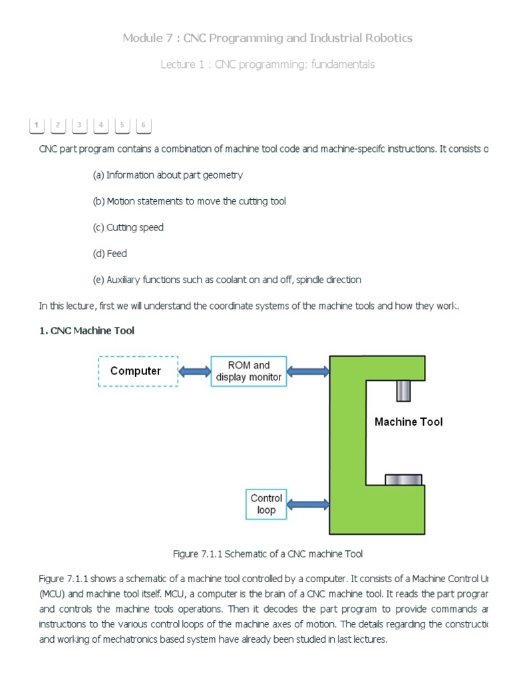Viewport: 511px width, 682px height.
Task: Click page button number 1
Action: pyautogui.click(x=36, y=125)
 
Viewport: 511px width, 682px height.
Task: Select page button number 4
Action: pyautogui.click(x=100, y=125)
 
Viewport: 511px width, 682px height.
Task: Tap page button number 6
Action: pyautogui.click(x=143, y=125)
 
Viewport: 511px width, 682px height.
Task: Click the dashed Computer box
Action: pyautogui.click(x=138, y=371)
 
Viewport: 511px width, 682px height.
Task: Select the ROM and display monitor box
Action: pyautogui.click(x=249, y=371)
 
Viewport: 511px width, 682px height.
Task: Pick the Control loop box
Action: pyautogui.click(x=266, y=504)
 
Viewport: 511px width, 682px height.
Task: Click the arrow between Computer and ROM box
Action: pyautogui.click(x=194, y=371)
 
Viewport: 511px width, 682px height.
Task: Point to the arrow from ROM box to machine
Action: pyautogui.click(x=307, y=371)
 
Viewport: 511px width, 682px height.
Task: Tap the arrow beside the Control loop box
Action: pyautogui.click(x=307, y=504)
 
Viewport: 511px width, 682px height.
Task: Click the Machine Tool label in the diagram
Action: pyautogui.click(x=408, y=422)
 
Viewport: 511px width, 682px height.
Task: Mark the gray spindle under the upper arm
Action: pyautogui.click(x=403, y=390)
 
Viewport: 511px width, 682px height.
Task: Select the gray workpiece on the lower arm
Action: pyautogui.click(x=403, y=479)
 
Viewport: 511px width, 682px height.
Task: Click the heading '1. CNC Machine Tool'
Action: pyautogui.click(x=86, y=331)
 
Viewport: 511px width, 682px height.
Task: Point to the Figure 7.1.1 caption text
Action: pyautogui.click(x=267, y=553)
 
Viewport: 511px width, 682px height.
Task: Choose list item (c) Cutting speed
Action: pyautogui.click(x=128, y=227)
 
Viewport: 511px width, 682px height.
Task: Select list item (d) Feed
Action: pyautogui.click(x=110, y=254)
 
